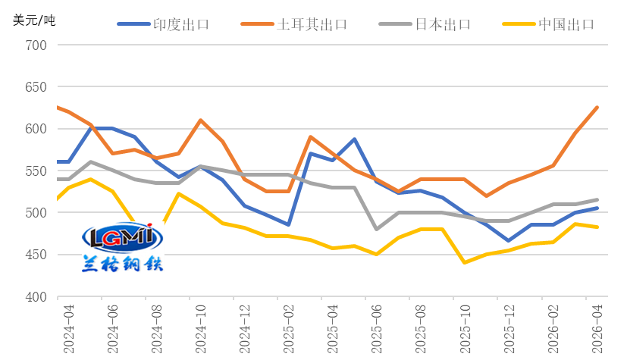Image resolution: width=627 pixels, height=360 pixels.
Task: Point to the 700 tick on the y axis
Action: pos(36,45)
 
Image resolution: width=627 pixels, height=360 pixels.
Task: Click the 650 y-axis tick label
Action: pos(36,87)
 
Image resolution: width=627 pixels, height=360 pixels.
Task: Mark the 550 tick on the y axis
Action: pos(36,171)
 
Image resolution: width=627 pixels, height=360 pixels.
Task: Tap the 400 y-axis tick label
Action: pos(36,296)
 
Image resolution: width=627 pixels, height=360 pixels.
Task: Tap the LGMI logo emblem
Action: pos(123,237)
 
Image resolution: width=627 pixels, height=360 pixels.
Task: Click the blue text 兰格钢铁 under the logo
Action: pos(123,262)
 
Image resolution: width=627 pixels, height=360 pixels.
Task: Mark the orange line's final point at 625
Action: pos(597,108)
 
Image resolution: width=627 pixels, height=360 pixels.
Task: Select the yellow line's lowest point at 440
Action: pos(465,262)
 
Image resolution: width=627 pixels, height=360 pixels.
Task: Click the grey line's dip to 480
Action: pos(376,229)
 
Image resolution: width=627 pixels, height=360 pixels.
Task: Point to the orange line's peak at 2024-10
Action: pos(200,120)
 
